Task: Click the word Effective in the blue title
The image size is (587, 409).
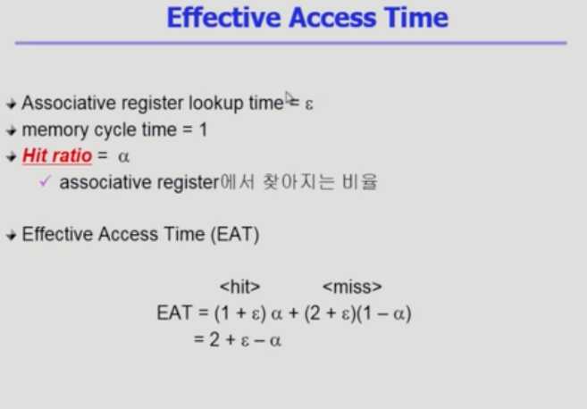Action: [x=223, y=18]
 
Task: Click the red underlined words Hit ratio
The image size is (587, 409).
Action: [x=57, y=155]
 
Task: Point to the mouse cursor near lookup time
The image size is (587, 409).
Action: [x=289, y=98]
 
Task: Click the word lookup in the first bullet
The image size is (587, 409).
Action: [x=216, y=103]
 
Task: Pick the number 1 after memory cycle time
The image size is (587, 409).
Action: [x=204, y=129]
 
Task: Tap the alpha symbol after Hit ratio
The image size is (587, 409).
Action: [x=124, y=156]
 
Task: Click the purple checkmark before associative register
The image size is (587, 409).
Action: [x=45, y=181]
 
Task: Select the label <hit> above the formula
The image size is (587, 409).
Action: [x=239, y=287]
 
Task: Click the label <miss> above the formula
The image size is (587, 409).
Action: [x=352, y=287]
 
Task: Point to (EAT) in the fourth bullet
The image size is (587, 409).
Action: [x=235, y=235]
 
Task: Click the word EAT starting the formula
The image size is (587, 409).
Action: [x=174, y=313]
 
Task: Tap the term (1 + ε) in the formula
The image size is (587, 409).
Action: [x=240, y=313]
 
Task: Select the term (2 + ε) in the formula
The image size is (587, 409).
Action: [x=330, y=313]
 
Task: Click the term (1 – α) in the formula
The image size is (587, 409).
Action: [x=384, y=313]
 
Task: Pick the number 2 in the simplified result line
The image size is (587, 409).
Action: [x=214, y=339]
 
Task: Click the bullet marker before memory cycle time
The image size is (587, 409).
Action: [x=12, y=130]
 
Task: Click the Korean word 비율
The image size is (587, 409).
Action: [x=359, y=182]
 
